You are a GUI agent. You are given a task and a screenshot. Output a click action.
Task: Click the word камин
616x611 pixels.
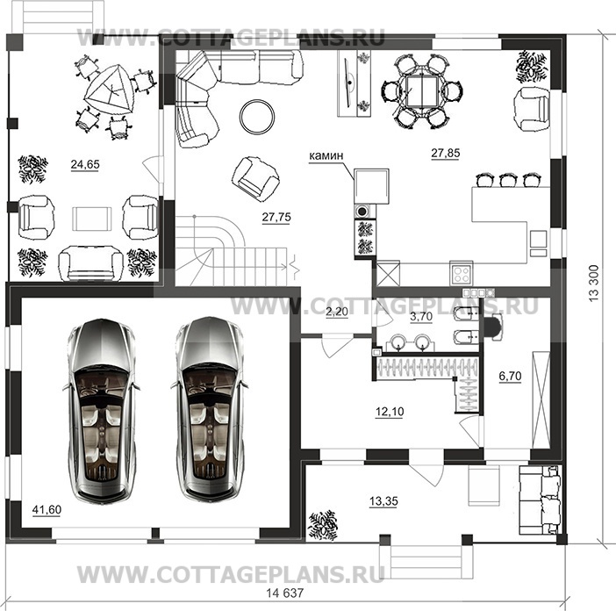click(x=325, y=157)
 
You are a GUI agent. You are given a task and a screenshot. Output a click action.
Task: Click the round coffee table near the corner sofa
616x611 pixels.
click(x=256, y=113)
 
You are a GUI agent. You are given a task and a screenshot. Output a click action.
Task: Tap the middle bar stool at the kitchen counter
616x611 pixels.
click(x=507, y=181)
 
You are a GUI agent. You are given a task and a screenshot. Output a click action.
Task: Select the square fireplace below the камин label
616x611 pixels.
click(x=369, y=185)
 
